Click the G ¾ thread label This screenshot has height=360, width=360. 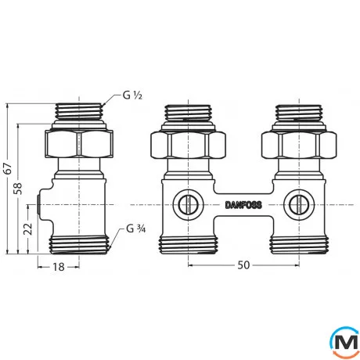tap(135, 231)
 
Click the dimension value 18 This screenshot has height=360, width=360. tap(58, 267)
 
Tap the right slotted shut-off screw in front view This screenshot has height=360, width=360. tap(295, 205)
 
